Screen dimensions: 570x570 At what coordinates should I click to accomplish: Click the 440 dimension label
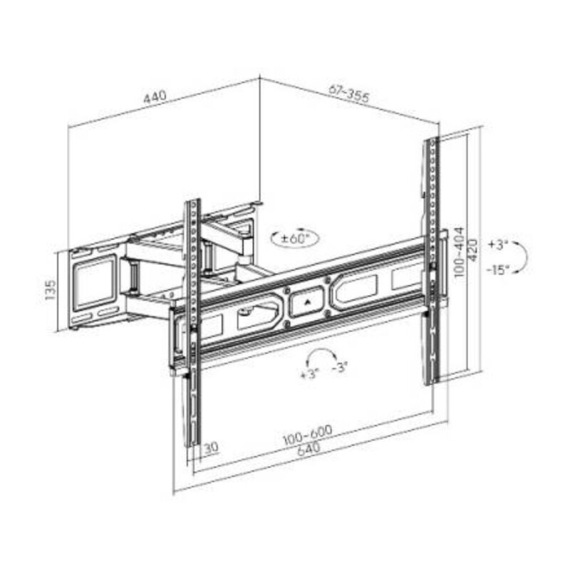[155, 98]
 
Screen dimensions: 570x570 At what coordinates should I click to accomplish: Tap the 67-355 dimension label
[349, 93]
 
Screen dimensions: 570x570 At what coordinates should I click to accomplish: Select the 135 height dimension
[51, 291]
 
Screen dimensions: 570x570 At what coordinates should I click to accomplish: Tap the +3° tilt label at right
[497, 244]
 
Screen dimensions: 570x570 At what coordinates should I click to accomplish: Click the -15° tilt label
[498, 270]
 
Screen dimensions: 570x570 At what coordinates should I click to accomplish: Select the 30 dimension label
[210, 448]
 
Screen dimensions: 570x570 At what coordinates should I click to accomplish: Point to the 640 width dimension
[309, 450]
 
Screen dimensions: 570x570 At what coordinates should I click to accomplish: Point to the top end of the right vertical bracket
[432, 142]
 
